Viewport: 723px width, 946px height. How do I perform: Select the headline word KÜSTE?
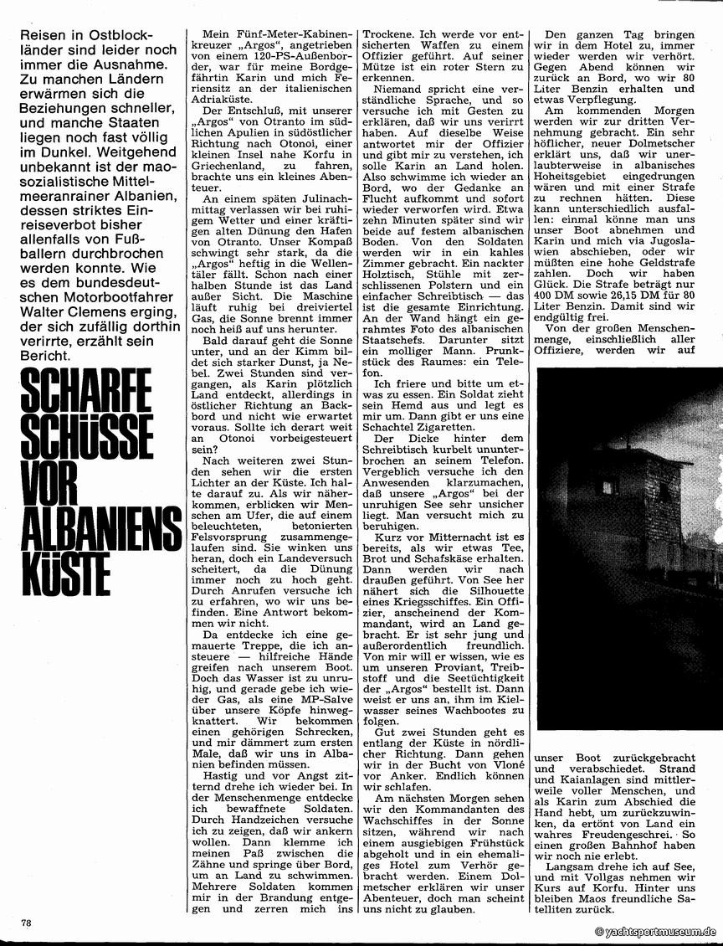[x=61, y=573]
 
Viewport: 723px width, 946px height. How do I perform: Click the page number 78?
[x=27, y=922]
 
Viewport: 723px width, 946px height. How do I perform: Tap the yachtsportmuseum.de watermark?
[x=656, y=931]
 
